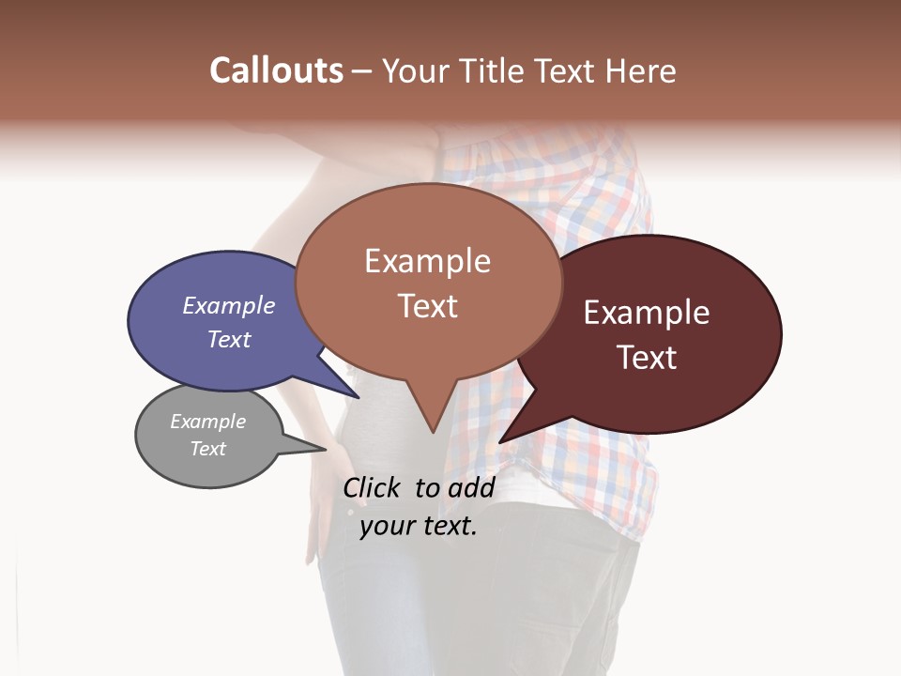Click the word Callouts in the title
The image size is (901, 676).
(276, 70)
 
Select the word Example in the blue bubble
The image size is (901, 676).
(229, 305)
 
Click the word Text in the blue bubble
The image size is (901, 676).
(229, 339)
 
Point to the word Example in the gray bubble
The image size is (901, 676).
(207, 422)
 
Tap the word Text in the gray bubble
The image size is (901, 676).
(207, 449)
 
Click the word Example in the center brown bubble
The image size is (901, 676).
(427, 261)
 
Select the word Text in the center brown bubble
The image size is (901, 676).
(427, 306)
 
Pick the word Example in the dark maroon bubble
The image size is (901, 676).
(647, 313)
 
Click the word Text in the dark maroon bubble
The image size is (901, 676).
(647, 358)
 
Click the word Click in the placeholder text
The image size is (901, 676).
(374, 487)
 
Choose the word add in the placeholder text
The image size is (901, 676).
(471, 487)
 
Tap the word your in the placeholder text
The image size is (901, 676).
(386, 526)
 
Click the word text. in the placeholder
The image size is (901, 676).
(448, 526)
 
